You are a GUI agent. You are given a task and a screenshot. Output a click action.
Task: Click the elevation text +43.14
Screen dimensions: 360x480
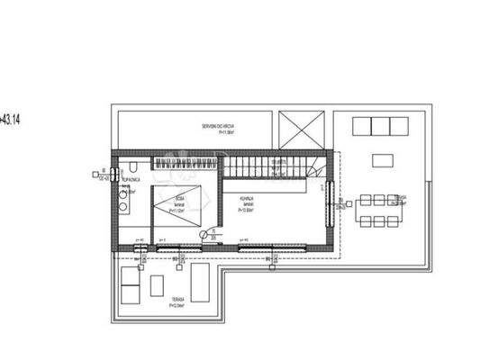(13, 117)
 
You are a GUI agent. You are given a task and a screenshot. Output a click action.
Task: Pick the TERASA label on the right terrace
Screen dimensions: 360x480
(400, 195)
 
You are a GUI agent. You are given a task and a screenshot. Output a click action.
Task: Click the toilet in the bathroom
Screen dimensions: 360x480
(131, 170)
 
